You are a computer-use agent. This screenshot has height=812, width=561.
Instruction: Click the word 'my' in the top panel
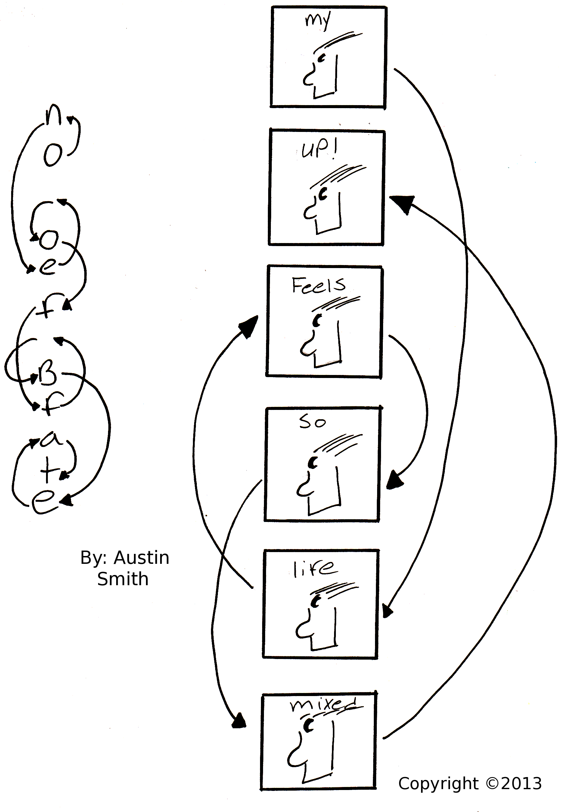318,22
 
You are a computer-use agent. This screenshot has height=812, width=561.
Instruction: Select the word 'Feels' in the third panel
318,285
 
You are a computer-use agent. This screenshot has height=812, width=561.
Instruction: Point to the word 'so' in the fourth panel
312,422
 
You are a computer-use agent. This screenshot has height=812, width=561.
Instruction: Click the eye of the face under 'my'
322,58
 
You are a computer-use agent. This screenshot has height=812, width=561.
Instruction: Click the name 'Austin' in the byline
141,558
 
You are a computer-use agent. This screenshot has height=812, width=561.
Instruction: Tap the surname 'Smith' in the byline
123,579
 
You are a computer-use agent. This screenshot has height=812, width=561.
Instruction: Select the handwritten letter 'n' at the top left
54,115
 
